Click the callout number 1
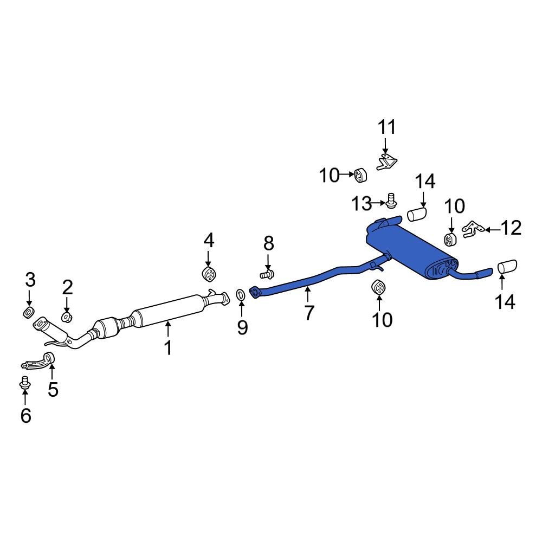[168, 347]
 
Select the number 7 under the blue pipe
[309, 313]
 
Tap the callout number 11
[387, 127]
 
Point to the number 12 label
[511, 228]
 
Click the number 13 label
[361, 203]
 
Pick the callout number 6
[26, 415]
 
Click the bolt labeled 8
[267, 275]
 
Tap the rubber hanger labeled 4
[208, 274]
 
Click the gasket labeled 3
[28, 312]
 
